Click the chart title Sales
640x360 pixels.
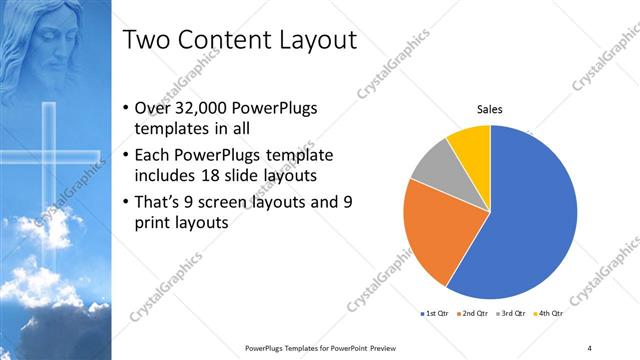tap(489, 109)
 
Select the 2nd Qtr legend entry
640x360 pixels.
tap(474, 315)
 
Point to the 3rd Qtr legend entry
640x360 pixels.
tap(513, 315)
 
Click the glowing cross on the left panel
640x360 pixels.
tap(49, 160)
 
